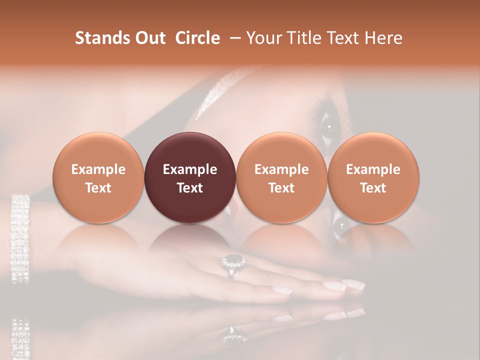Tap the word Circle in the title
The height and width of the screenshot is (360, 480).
[197, 38]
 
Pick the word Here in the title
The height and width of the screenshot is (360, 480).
[384, 38]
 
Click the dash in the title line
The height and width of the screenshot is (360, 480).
[234, 38]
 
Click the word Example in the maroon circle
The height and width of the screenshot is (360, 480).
[190, 169]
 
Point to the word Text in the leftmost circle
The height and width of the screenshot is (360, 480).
[98, 188]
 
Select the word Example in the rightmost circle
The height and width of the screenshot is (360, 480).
[373, 169]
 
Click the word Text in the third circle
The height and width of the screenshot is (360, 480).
[281, 188]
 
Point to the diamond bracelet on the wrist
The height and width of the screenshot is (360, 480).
[20, 237]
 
